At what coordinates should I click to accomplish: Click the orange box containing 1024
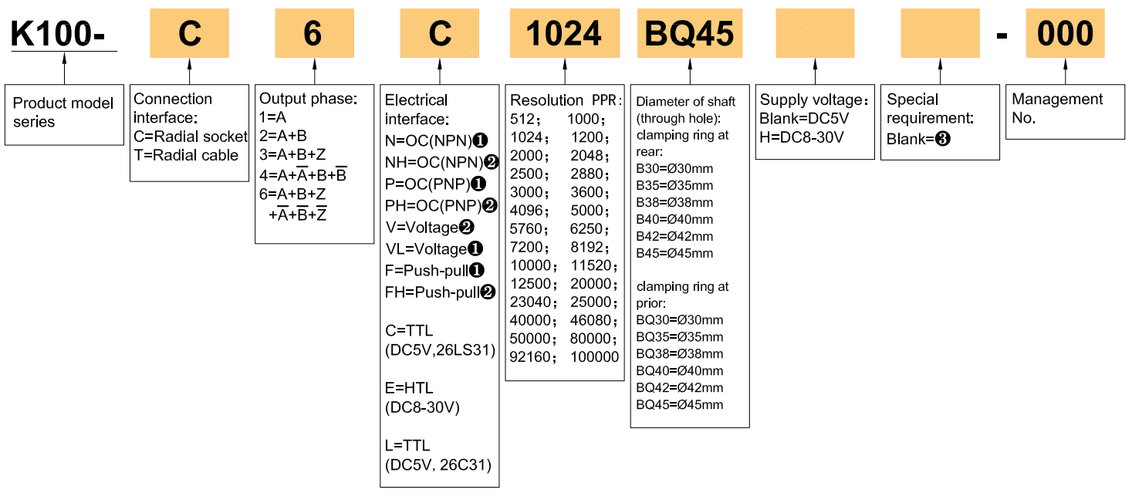[x=564, y=33]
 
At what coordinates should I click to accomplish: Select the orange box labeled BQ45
[x=690, y=33]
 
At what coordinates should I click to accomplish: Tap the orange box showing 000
[x=1065, y=33]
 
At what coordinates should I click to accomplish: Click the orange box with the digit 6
[x=314, y=33]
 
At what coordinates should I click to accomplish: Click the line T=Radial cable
[x=186, y=155]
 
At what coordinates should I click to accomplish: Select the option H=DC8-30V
[x=802, y=137]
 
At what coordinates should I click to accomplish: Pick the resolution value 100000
[x=594, y=357]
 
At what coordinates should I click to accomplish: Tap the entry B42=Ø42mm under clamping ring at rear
[x=674, y=236]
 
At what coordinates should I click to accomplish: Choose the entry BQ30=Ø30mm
[x=679, y=320]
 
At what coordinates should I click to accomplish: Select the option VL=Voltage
[x=432, y=249]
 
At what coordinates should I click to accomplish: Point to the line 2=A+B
[x=283, y=135]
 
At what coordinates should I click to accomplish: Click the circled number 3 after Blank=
[x=941, y=140]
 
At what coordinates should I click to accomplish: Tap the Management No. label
[x=1057, y=109]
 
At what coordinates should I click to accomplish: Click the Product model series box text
[x=63, y=113]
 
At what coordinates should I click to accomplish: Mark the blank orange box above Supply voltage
[x=815, y=33]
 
